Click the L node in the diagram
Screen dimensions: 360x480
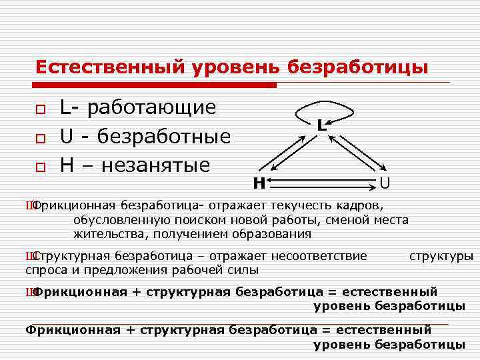tap(321, 125)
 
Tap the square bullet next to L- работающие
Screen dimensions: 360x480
tap(41, 109)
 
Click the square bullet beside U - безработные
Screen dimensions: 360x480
tap(41, 138)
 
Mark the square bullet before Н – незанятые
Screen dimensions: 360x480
tap(41, 167)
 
